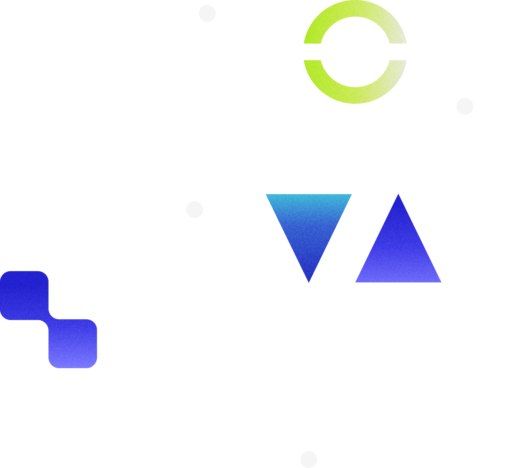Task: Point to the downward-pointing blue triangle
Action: (x=309, y=224)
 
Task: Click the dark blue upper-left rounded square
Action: (x=24, y=295)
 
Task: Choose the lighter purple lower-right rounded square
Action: (x=73, y=344)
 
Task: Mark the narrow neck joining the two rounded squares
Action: (x=49, y=319)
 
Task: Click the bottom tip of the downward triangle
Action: (x=309, y=281)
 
